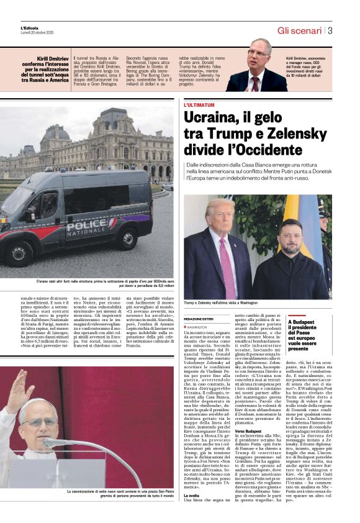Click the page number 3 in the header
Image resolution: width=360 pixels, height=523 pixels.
[x=330, y=30]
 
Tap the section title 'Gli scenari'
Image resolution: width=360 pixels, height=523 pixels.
[x=299, y=30]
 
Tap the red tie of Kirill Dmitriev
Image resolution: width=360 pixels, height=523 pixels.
[x=256, y=82]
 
